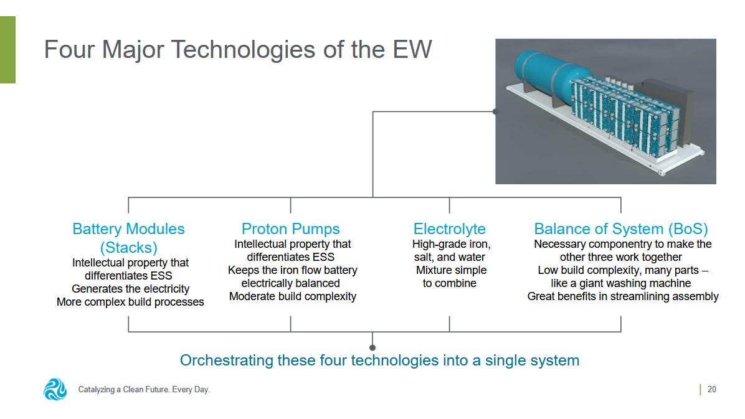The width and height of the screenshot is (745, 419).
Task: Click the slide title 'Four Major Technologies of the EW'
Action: (237, 50)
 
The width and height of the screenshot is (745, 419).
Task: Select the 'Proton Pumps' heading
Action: (290, 228)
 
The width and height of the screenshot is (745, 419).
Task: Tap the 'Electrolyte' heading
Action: (449, 228)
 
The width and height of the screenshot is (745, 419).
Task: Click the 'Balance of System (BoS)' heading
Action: (620, 228)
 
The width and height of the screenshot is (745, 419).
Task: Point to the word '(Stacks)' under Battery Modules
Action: (128, 247)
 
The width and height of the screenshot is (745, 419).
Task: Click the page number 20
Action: (711, 390)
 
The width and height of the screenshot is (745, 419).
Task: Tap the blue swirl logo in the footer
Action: (55, 389)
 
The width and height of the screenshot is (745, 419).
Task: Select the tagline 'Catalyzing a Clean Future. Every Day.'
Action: (144, 390)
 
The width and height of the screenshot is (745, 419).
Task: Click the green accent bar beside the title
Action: (7, 50)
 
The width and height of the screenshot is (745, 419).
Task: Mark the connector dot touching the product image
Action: (495, 112)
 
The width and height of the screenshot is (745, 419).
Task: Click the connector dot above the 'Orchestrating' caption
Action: (372, 347)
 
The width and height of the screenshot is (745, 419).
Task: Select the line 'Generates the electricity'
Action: (130, 289)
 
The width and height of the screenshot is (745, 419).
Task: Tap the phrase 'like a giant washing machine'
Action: (620, 283)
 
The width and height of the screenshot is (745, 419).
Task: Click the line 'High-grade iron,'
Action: (451, 244)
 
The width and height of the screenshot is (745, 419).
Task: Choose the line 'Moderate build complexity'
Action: (292, 296)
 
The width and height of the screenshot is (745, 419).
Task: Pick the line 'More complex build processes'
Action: (130, 302)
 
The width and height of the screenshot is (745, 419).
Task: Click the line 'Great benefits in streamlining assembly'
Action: (622, 296)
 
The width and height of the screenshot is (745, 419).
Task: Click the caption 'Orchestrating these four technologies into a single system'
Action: (379, 360)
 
